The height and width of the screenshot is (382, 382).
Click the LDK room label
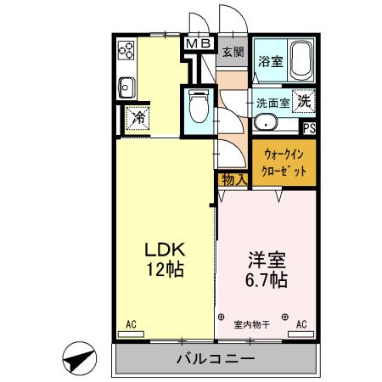click(165, 250)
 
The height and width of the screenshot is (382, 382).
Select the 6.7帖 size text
click(267, 277)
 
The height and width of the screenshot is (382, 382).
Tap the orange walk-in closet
click(284, 162)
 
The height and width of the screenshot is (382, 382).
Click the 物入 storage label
click(233, 178)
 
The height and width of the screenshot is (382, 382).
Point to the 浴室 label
click(270, 62)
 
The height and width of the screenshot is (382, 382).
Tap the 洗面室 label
click(273, 102)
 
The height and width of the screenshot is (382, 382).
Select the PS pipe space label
click(310, 129)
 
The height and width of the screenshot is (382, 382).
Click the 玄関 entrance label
click(233, 51)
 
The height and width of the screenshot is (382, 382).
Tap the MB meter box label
click(199, 42)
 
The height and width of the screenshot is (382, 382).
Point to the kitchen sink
click(126, 87)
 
